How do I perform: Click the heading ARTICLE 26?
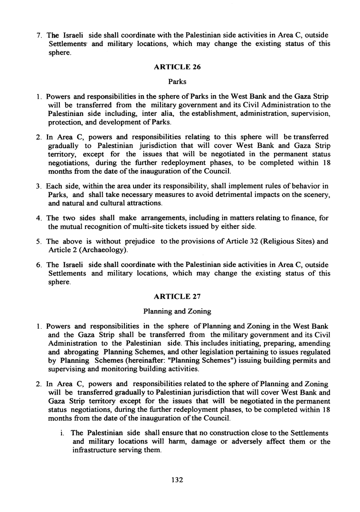click(177, 67)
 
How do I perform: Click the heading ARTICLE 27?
click(177, 296)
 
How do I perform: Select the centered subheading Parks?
click(177, 81)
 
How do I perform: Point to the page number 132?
click(177, 480)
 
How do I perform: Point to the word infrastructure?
click(95, 450)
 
